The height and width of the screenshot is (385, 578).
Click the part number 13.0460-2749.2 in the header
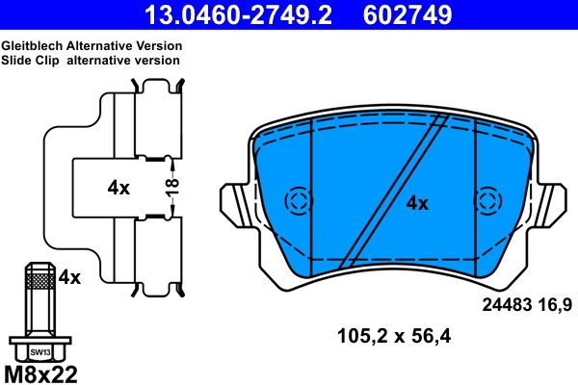pos(247,14)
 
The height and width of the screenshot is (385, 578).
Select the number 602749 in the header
pos(407,14)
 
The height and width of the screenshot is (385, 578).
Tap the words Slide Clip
pos(31,60)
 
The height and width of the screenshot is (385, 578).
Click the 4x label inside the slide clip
pos(118,188)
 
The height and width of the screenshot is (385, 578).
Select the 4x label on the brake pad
pos(416,203)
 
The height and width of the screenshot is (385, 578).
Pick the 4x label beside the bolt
pos(68,278)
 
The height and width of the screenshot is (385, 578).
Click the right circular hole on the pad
pos(487,201)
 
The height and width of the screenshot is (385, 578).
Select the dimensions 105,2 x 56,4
pos(394,336)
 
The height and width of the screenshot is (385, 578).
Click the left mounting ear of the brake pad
pos(236,203)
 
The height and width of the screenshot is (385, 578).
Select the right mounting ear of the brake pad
pos(551,203)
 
